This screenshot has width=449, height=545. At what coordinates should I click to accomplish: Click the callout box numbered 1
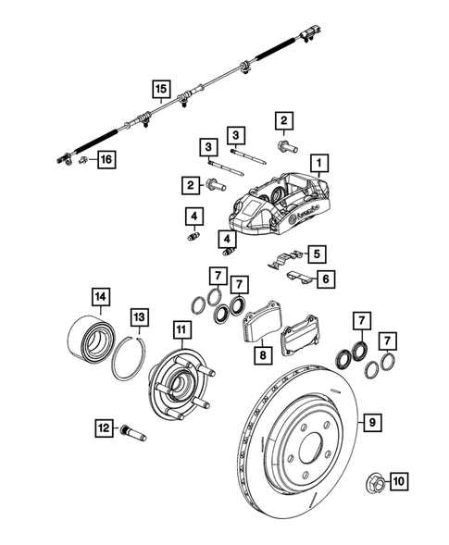(x=319, y=166)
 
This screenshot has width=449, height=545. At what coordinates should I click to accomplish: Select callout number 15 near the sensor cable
(x=160, y=89)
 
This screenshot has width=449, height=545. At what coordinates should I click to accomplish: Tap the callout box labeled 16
(x=106, y=160)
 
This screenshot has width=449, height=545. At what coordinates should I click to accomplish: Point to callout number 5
(x=316, y=253)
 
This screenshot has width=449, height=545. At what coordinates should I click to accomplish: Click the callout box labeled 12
(x=105, y=427)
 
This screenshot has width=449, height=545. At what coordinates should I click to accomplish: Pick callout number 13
(x=138, y=316)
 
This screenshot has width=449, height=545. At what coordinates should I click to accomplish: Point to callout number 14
(x=98, y=297)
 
